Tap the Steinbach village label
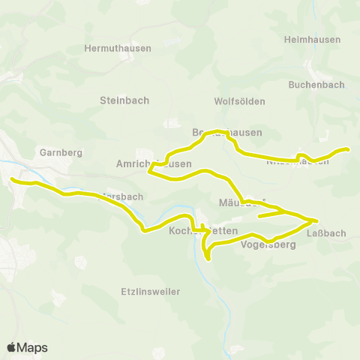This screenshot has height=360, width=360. click(x=124, y=100)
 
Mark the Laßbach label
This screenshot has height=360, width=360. click(x=327, y=233)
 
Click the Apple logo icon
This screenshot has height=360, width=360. click(x=11, y=347)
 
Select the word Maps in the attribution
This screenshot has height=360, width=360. click(x=32, y=347)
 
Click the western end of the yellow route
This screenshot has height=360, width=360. click(x=12, y=178)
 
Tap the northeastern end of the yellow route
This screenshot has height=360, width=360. click(x=349, y=149)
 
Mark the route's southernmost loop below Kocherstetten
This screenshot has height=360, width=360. click(x=208, y=259)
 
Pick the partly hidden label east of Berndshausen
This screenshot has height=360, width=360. click(x=298, y=160)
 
